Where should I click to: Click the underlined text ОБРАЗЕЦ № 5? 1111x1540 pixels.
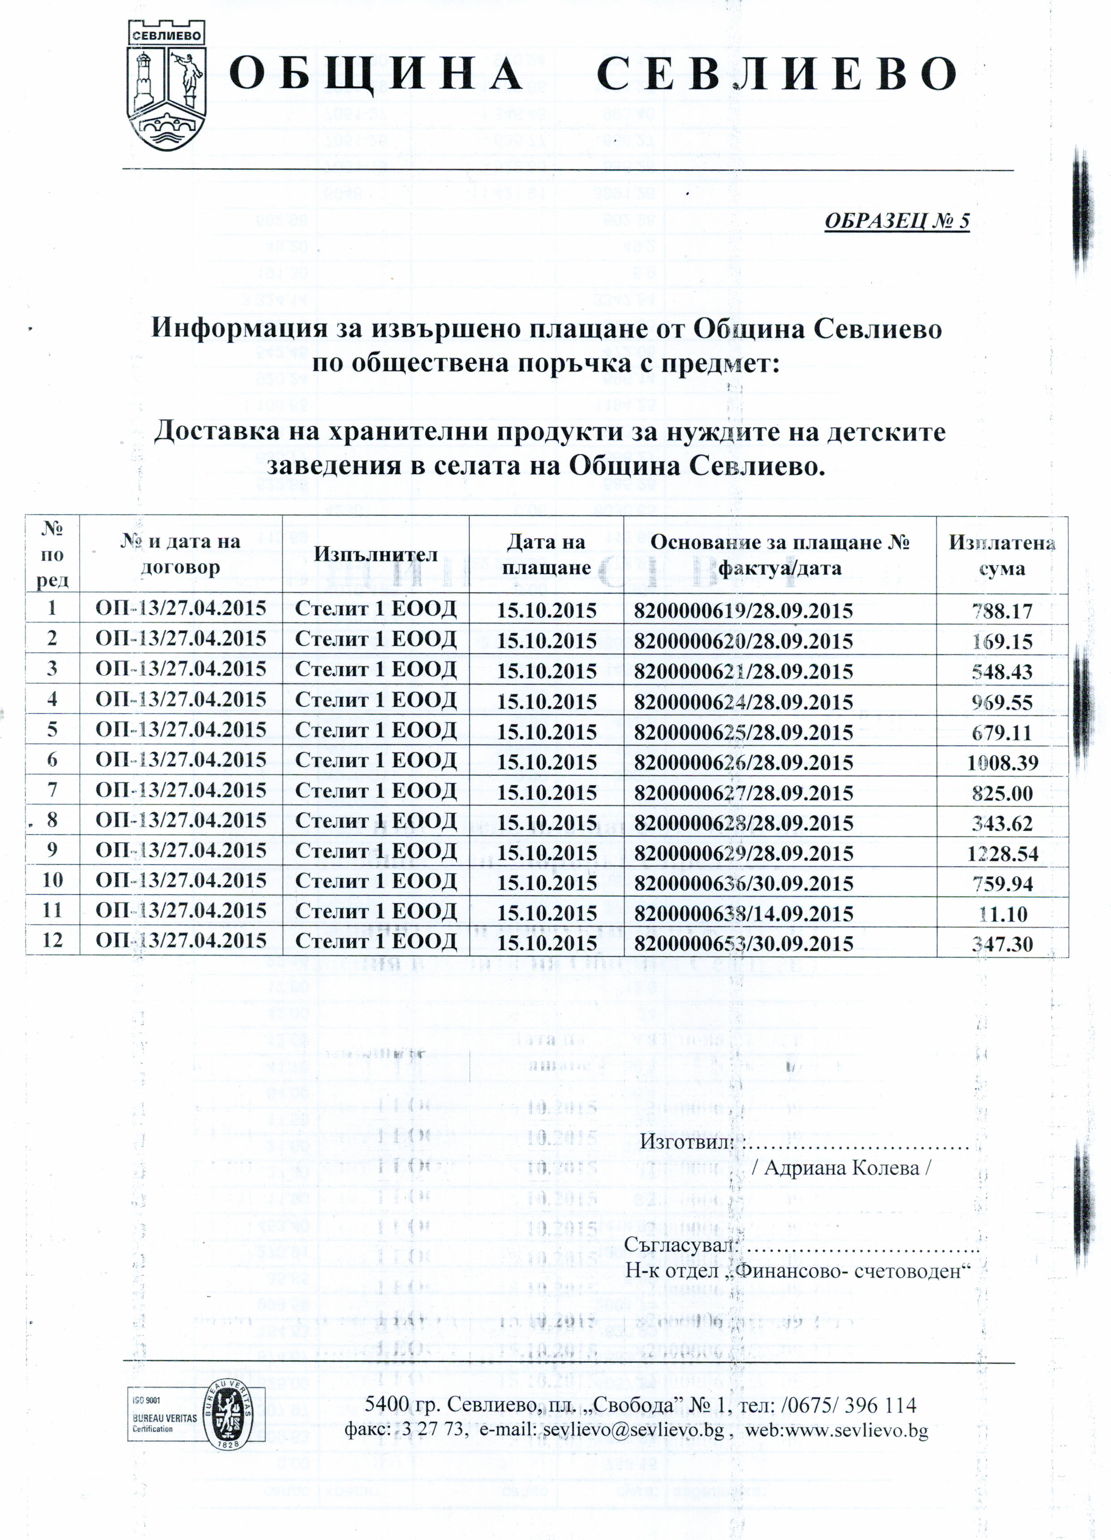[896, 221]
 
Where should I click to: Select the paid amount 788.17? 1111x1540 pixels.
[1002, 610]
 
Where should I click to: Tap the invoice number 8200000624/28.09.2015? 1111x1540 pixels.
[743, 701]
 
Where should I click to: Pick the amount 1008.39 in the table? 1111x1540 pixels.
[1002, 762]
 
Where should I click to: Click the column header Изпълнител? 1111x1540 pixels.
[375, 554]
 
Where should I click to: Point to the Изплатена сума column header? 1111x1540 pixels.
[1002, 555]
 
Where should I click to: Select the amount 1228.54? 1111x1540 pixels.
[1002, 853]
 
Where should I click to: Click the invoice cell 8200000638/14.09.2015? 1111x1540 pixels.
[743, 913]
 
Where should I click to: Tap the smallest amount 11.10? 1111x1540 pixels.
[1002, 913]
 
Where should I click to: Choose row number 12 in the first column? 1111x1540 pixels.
[52, 940]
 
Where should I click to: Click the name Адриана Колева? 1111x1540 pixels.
[847, 1168]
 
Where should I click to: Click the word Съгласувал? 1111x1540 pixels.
[680, 1245]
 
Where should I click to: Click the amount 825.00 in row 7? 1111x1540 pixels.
[1002, 793]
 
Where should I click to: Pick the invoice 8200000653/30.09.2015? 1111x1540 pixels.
[743, 943]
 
